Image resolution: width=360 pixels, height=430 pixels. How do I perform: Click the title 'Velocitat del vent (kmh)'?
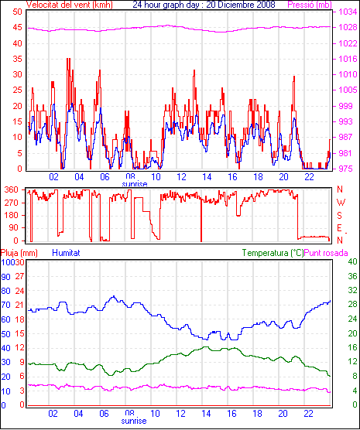tap(69, 5)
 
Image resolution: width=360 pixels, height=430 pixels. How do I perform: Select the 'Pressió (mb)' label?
tap(310, 5)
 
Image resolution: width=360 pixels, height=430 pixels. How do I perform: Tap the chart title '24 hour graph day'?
tap(167, 5)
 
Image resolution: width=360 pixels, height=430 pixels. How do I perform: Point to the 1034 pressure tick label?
tap(348, 12)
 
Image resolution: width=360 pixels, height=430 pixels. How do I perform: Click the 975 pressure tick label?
tap(348, 169)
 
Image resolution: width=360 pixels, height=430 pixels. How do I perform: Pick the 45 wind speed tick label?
tap(17, 28)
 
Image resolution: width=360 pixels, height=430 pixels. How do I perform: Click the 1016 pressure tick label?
tap(348, 59)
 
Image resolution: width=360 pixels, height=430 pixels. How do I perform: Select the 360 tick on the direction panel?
tap(12, 189)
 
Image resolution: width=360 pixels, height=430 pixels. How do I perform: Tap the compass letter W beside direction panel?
tap(341, 203)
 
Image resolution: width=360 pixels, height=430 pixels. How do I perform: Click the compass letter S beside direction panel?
tap(340, 216)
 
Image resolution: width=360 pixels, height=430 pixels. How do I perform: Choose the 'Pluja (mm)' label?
tap(19, 253)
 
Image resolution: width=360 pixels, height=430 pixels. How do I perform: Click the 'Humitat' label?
tap(66, 253)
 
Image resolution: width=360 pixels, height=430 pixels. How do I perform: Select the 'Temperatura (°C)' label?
tap(273, 253)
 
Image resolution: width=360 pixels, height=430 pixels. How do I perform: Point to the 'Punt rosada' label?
tap(326, 253)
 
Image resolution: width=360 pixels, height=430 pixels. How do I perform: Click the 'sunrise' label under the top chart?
tap(135, 184)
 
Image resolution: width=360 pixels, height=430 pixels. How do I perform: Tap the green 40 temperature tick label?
tap(352, 261)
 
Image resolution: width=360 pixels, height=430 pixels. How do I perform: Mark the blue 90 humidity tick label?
tap(5, 277)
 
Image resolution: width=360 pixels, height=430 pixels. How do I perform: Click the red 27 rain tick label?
tap(19, 276)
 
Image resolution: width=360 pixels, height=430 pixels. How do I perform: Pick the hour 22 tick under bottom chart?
tap(308, 413)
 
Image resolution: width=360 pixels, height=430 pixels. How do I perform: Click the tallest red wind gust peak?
tap(68, 59)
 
